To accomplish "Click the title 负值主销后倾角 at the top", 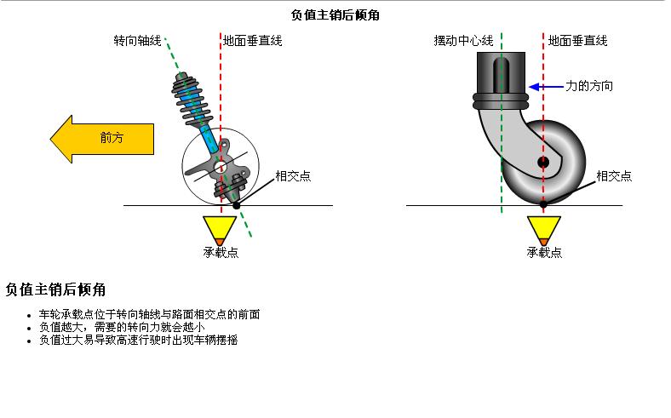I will pyautogui.click(x=335, y=14).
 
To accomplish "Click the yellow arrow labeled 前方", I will pyautogui.click(x=102, y=138).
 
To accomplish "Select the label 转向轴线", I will pyautogui.click(x=137, y=40).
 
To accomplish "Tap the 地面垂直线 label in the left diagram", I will pyautogui.click(x=252, y=40).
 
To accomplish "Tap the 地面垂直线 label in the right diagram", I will pyautogui.click(x=577, y=40).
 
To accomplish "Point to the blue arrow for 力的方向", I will pyautogui.click(x=545, y=86).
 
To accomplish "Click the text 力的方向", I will pyautogui.click(x=589, y=86).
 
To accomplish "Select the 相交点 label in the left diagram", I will pyautogui.click(x=292, y=176).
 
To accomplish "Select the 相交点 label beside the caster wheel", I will pyautogui.click(x=614, y=176).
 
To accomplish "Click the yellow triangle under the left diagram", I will pyautogui.click(x=220, y=228).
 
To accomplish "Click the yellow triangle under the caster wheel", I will pyautogui.click(x=543, y=228).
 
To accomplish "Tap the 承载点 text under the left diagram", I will pyautogui.click(x=220, y=252).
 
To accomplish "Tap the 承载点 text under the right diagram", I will pyautogui.click(x=544, y=252).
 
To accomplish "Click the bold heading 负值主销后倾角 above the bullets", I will pyautogui.click(x=55, y=289).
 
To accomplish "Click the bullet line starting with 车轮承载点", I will pyautogui.click(x=149, y=314).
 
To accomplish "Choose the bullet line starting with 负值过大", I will pyautogui.click(x=138, y=340).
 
